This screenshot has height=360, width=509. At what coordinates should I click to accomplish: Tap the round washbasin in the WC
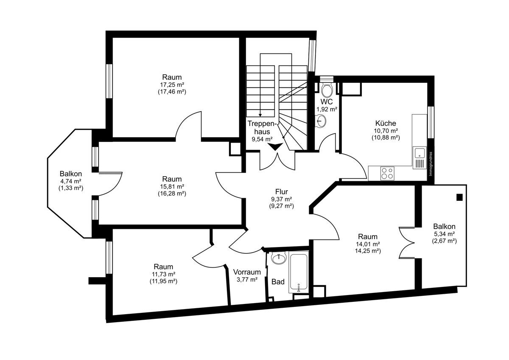pyautogui.click(x=321, y=121)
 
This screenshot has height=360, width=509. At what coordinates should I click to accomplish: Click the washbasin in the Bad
pyautogui.click(x=279, y=258)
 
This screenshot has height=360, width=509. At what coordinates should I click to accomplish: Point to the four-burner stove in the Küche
pyautogui.click(x=388, y=173)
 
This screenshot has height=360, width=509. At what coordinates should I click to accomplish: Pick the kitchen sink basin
pyautogui.click(x=420, y=152)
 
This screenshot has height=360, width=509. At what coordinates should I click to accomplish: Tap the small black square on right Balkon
pyautogui.click(x=459, y=197)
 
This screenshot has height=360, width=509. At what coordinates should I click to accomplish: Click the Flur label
pyautogui.click(x=282, y=191)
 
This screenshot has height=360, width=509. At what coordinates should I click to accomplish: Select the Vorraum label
pyautogui.click(x=247, y=272)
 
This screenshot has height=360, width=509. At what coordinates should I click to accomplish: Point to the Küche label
pyautogui.click(x=386, y=123)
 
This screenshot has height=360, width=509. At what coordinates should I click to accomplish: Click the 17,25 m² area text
pyautogui.click(x=172, y=84)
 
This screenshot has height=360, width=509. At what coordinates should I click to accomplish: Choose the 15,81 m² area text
pyautogui.click(x=172, y=186)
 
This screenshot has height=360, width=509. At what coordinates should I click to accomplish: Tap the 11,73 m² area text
pyautogui.click(x=164, y=274)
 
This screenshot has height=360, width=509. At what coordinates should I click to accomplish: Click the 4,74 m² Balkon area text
pyautogui.click(x=71, y=181)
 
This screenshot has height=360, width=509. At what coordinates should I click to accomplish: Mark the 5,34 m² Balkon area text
pyautogui.click(x=445, y=234)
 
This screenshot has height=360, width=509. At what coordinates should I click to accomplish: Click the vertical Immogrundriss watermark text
pyautogui.click(x=431, y=164)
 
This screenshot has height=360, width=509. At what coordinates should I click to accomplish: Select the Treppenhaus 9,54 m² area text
pyautogui.click(x=262, y=139)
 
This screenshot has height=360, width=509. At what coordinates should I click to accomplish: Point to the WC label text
pyautogui.click(x=327, y=101)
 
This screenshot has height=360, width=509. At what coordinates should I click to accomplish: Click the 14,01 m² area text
pyautogui.click(x=368, y=244)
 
